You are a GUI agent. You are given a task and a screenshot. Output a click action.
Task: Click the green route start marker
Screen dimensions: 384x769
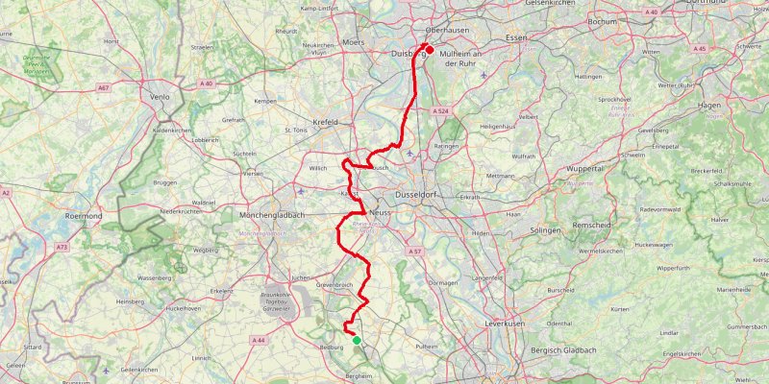pos(357,340)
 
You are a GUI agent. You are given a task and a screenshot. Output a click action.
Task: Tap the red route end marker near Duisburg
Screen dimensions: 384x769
pos(430,50)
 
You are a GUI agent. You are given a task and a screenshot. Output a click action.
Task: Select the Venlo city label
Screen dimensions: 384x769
pos(160,97)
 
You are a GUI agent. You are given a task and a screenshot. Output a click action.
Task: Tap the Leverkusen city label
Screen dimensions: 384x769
pos(505,324)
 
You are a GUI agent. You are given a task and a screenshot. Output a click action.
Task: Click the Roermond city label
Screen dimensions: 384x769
pos(83,217)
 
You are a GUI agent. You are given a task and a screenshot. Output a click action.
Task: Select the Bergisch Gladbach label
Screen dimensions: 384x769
pos(565,351)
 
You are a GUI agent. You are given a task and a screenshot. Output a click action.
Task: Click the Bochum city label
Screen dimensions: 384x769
pos(602,20)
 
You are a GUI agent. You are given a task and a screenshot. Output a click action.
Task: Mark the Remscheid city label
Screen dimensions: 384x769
pos(592,224)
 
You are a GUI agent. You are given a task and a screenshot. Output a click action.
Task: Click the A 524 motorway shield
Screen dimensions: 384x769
pos(440,111)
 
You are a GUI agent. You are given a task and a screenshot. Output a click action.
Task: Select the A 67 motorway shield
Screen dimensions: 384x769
pos(103,87)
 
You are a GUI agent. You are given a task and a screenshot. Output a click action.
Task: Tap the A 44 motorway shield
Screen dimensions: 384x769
pos(258,340)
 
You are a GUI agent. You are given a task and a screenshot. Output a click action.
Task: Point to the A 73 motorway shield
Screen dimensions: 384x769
pos(62,247)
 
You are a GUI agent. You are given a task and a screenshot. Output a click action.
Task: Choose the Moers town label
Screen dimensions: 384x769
pos(355,43)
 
